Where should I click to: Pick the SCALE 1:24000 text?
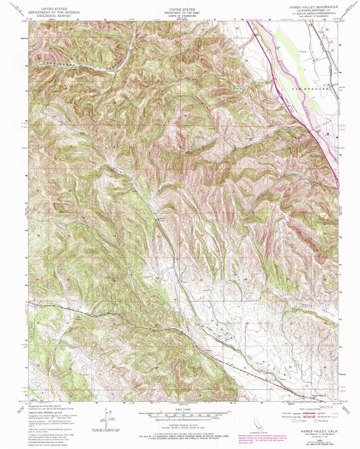pyautogui.click(x=179, y=409)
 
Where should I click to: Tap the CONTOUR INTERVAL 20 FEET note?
pyautogui.click(x=179, y=423)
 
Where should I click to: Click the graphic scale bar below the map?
pyautogui.click(x=179, y=415)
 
